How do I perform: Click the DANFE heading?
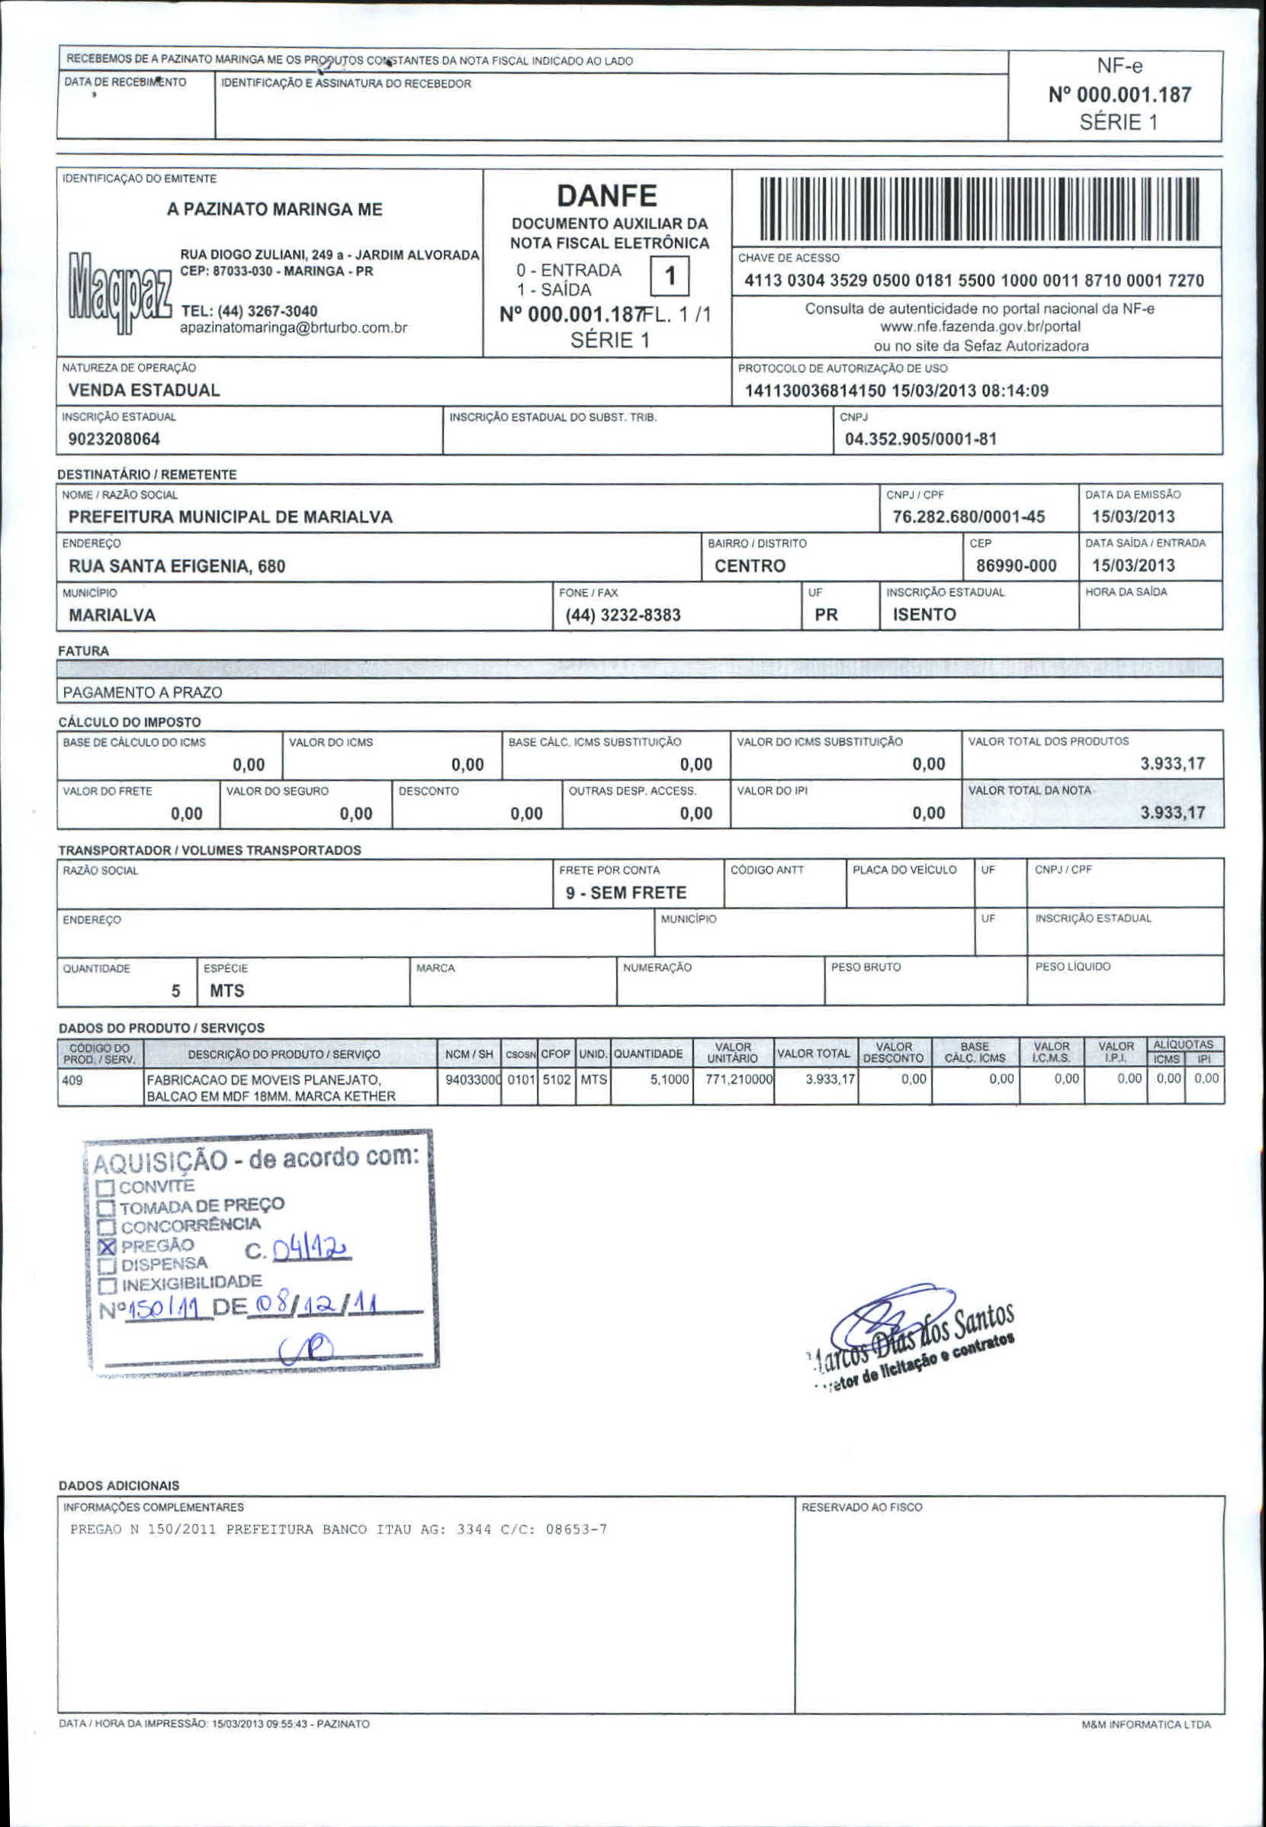tap(607, 196)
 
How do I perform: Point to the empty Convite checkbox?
tap(105, 1189)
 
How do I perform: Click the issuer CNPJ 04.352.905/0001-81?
tap(921, 439)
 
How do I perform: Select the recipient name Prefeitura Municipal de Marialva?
tap(230, 517)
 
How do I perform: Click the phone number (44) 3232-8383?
tap(622, 615)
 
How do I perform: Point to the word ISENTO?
tap(924, 614)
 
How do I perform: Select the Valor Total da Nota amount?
tap(1171, 812)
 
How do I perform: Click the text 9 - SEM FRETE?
tap(626, 893)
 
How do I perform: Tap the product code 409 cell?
tap(73, 1079)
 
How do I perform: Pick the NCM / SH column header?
tap(469, 1054)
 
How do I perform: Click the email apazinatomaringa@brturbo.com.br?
tap(294, 327)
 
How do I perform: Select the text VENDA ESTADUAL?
tap(143, 391)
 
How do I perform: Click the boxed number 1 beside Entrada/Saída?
tap(670, 277)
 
